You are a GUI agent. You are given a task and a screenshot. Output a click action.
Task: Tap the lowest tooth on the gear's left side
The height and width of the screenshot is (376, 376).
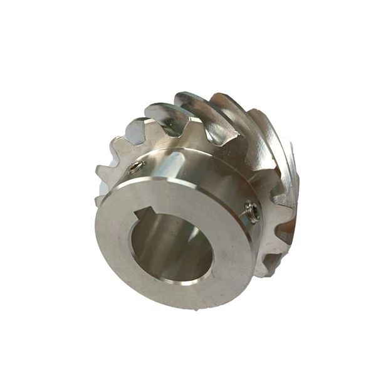pos(100,199)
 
